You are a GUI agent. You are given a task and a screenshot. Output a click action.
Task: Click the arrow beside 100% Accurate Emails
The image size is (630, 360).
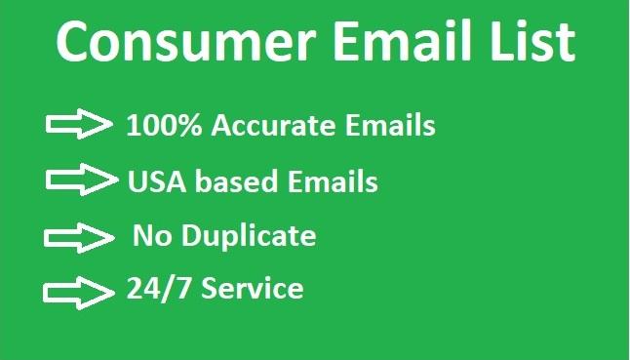click(x=79, y=124)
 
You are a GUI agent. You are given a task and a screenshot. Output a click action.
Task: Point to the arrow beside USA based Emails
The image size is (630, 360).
click(x=79, y=180)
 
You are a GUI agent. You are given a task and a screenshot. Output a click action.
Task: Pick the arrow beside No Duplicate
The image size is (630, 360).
click(x=79, y=235)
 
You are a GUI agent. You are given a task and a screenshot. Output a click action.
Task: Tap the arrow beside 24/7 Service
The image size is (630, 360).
click(x=77, y=290)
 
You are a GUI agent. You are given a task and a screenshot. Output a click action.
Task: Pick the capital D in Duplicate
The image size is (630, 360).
click(x=186, y=236)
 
